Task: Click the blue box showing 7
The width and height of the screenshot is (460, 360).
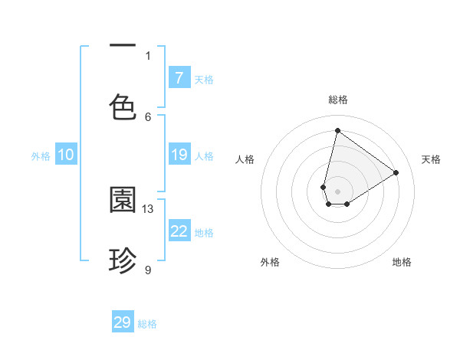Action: tap(179, 78)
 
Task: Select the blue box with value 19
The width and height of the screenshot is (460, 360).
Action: tap(179, 155)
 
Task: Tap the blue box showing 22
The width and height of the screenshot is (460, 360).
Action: tap(179, 231)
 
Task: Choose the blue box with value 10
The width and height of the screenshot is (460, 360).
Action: tap(66, 155)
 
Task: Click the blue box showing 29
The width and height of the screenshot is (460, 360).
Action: tap(123, 322)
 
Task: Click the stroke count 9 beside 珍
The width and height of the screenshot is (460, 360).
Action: tap(148, 270)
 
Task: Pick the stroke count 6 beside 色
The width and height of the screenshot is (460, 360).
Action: tap(148, 116)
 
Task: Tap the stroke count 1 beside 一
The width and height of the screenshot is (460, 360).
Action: tap(148, 55)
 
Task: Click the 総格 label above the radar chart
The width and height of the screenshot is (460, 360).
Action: tap(337, 100)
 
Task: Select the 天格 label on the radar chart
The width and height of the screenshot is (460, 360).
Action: tap(431, 159)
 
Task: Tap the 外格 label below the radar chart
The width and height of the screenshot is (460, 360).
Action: tap(270, 262)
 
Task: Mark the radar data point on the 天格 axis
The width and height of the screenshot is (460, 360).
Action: tap(396, 172)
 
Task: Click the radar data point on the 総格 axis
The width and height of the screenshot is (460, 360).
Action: tap(337, 130)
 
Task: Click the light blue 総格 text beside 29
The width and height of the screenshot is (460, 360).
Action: tap(147, 324)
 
